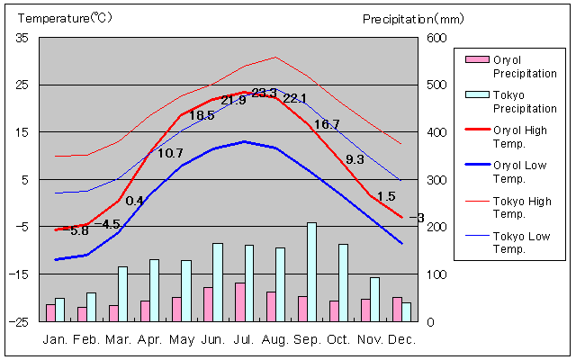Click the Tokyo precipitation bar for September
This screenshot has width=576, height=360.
(x=311, y=272)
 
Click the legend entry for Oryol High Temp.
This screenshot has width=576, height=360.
(x=519, y=136)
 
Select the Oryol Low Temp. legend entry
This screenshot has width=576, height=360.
(x=519, y=171)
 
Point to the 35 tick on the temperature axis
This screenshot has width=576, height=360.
(x=22, y=38)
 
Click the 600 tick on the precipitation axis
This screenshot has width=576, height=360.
(x=436, y=38)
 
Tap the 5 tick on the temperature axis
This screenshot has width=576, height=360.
(x=25, y=180)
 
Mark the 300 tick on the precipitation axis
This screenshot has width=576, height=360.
(x=436, y=180)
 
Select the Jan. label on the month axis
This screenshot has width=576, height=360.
(x=55, y=339)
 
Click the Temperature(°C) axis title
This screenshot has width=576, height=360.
(x=54, y=18)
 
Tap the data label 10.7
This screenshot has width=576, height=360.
(x=170, y=154)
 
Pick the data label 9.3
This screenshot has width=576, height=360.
(x=355, y=159)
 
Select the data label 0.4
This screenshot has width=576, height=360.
(x=134, y=201)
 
